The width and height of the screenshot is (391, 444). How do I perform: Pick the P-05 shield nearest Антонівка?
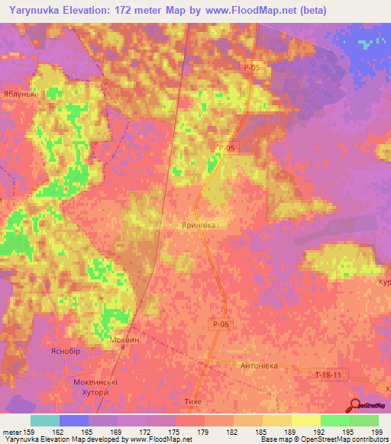pos(220,325)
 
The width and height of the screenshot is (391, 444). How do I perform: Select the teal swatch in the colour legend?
pos(44,420)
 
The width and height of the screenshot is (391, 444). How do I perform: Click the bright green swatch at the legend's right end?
pos(364,420)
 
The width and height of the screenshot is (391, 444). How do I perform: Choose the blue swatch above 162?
pos(73,420)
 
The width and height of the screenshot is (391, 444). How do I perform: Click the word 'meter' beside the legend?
pos(11,432)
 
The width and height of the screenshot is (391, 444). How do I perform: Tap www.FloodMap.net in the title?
pos(257,11)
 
